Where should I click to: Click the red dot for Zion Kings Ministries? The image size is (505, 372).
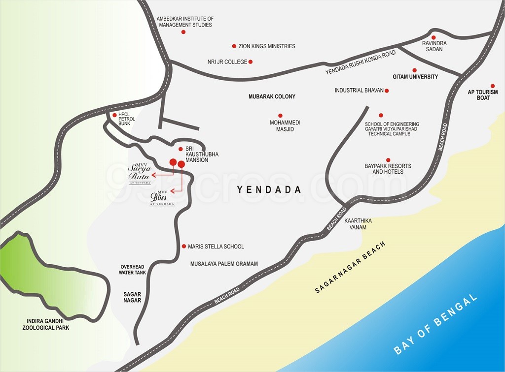pyautogui.click(x=234, y=46)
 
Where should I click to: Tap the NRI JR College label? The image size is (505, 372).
pyautogui.click(x=227, y=62)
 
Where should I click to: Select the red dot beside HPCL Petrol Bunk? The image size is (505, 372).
pyautogui.click(x=114, y=115)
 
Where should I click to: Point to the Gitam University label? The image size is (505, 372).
pyautogui.click(x=415, y=77)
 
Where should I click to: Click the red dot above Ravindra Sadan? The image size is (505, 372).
pyautogui.click(x=433, y=37)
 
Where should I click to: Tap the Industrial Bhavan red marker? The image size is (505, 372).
pyautogui.click(x=387, y=91)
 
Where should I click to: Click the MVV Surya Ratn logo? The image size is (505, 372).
pyautogui.click(x=139, y=173)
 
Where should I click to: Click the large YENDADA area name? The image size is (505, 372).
pyautogui.click(x=269, y=190)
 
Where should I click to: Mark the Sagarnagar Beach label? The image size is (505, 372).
pyautogui.click(x=351, y=268)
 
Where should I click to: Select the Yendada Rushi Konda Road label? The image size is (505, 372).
pyautogui.click(x=360, y=63)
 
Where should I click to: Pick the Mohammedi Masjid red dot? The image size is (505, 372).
pyautogui.click(x=280, y=115)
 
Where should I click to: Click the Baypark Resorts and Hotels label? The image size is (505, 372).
pyautogui.click(x=388, y=169)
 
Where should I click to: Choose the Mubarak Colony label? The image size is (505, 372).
pyautogui.click(x=272, y=96)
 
